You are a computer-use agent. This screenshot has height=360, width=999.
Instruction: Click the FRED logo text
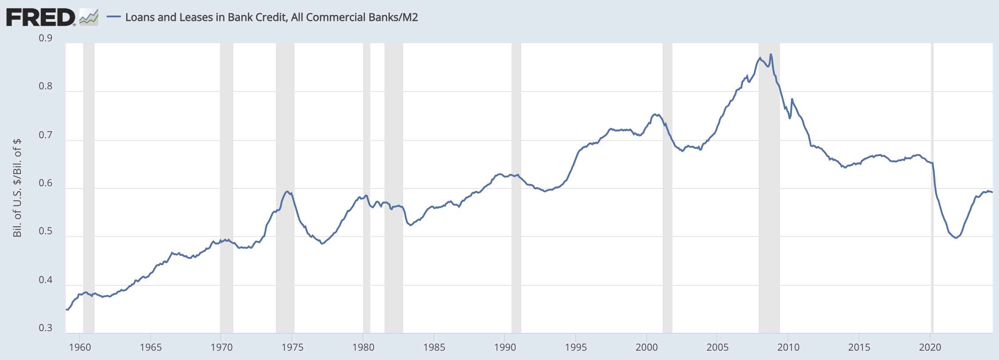40,18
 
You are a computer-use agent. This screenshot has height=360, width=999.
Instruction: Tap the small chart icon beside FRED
88,18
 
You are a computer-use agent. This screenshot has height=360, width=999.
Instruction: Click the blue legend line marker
114,17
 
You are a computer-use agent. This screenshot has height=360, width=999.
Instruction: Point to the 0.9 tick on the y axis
45,38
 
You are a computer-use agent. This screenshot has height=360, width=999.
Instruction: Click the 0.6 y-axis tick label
45,183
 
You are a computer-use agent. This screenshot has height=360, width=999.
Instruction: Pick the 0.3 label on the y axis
45,328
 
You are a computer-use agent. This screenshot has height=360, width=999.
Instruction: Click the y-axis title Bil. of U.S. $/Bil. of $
17,188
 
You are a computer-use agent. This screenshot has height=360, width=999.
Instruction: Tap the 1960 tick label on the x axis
80,347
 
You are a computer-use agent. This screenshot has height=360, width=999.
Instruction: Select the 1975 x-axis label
292,347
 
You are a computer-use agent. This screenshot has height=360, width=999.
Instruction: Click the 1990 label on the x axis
505,347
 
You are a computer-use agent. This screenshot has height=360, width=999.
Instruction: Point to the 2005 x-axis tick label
717,347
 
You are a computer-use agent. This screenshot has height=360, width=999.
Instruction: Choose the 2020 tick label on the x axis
930,347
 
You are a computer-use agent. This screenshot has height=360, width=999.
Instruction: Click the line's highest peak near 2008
771,54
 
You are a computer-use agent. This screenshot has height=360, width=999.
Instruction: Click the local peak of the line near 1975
288,192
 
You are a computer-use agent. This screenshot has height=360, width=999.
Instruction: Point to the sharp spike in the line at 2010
792,99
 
